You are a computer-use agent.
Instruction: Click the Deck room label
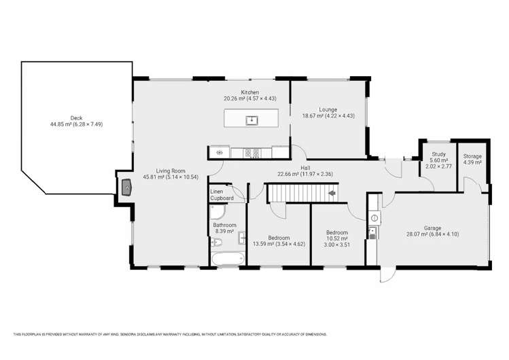coord(76,118)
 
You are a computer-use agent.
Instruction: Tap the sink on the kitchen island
coord(251,120)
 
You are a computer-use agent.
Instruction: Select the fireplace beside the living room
coord(126,187)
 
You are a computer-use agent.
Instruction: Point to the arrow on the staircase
coord(332,194)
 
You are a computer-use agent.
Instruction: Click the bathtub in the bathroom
coord(228,259)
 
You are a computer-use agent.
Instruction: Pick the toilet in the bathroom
coord(217,242)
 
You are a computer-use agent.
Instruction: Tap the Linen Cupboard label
coord(222,195)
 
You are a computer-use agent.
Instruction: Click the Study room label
coord(438,154)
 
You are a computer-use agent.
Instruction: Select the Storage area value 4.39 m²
coord(472,162)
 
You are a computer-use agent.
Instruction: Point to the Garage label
coord(433,228)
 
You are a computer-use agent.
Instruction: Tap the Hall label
coord(305,168)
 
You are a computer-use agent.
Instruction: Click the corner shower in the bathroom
coord(217,211)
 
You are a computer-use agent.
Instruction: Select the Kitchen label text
coord(250,92)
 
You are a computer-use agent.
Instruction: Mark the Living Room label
coord(171,171)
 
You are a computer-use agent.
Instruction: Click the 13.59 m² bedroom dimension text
coord(263,244)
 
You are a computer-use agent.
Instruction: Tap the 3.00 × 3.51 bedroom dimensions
coord(337,245)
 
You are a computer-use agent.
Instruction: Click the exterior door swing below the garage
coord(388,275)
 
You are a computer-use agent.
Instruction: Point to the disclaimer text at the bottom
coord(170,334)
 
